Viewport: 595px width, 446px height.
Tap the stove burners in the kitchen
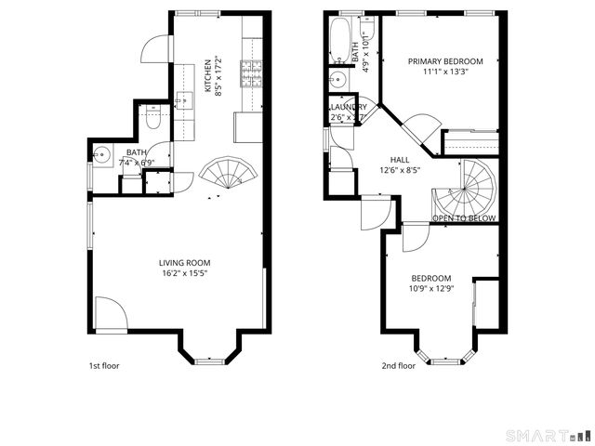pyautogui.click(x=253, y=72)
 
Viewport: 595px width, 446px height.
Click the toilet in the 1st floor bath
pyautogui.click(x=153, y=118)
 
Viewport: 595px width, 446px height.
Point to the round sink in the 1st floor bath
pyautogui.click(x=104, y=154)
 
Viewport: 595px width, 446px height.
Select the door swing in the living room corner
pyautogui.click(x=109, y=316)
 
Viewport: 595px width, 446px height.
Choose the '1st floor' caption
pyautogui.click(x=103, y=366)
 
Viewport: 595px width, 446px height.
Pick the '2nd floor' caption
pyautogui.click(x=398, y=366)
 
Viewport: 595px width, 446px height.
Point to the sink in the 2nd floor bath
pyautogui.click(x=338, y=81)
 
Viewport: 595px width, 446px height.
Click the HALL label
pyautogui.click(x=400, y=160)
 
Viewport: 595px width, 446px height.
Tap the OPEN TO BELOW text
pyautogui.click(x=464, y=218)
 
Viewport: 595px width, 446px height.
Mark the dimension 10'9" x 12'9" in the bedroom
pyautogui.click(x=431, y=289)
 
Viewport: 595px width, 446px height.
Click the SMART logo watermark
pyautogui.click(x=547, y=435)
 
